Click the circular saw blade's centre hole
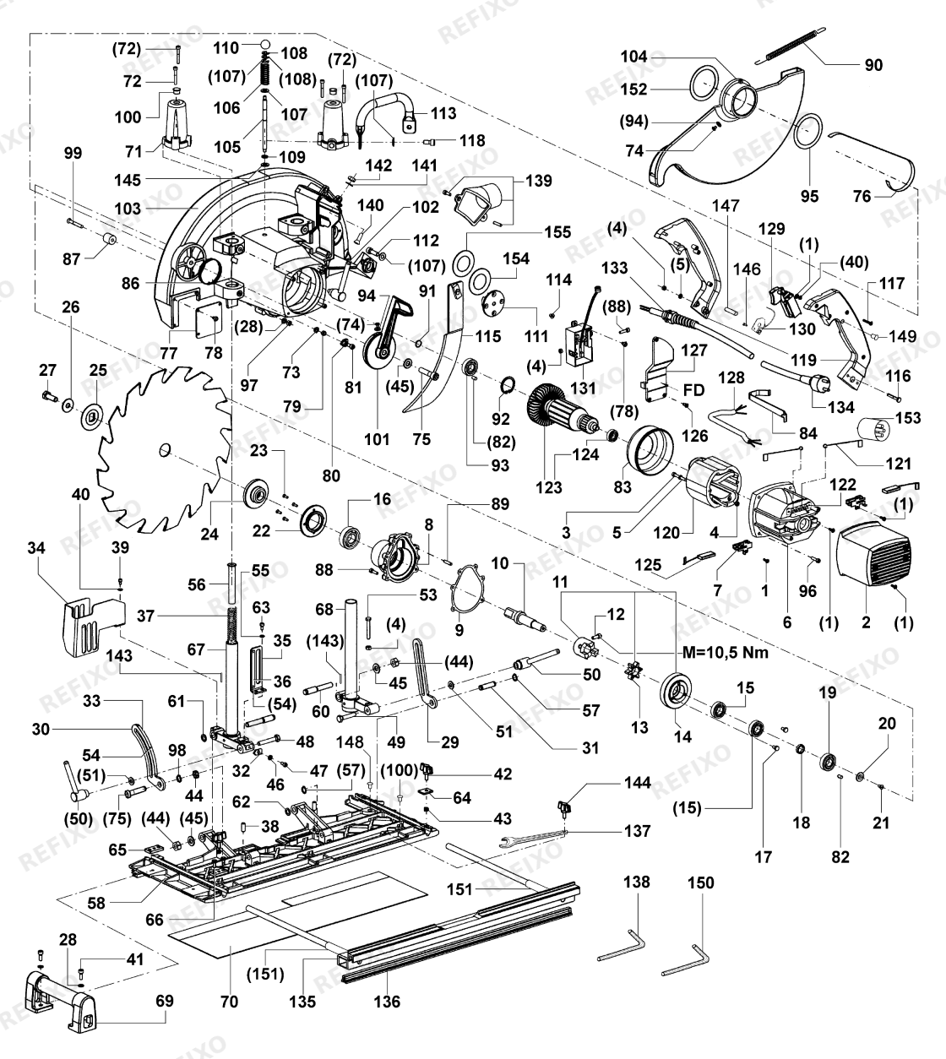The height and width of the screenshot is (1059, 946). click(166, 449)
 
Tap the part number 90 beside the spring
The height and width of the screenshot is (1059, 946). click(874, 65)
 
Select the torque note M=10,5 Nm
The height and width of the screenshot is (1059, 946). click(726, 652)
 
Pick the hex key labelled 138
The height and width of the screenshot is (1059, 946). click(622, 945)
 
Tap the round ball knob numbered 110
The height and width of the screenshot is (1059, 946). click(266, 43)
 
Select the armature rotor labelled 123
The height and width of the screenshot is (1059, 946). click(564, 415)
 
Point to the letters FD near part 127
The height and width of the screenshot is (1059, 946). click(694, 390)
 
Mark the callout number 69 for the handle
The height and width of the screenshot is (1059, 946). click(165, 1001)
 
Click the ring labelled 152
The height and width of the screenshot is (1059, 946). click(704, 83)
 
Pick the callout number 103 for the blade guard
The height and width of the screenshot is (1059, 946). click(128, 209)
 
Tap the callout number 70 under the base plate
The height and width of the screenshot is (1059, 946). click(230, 1002)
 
